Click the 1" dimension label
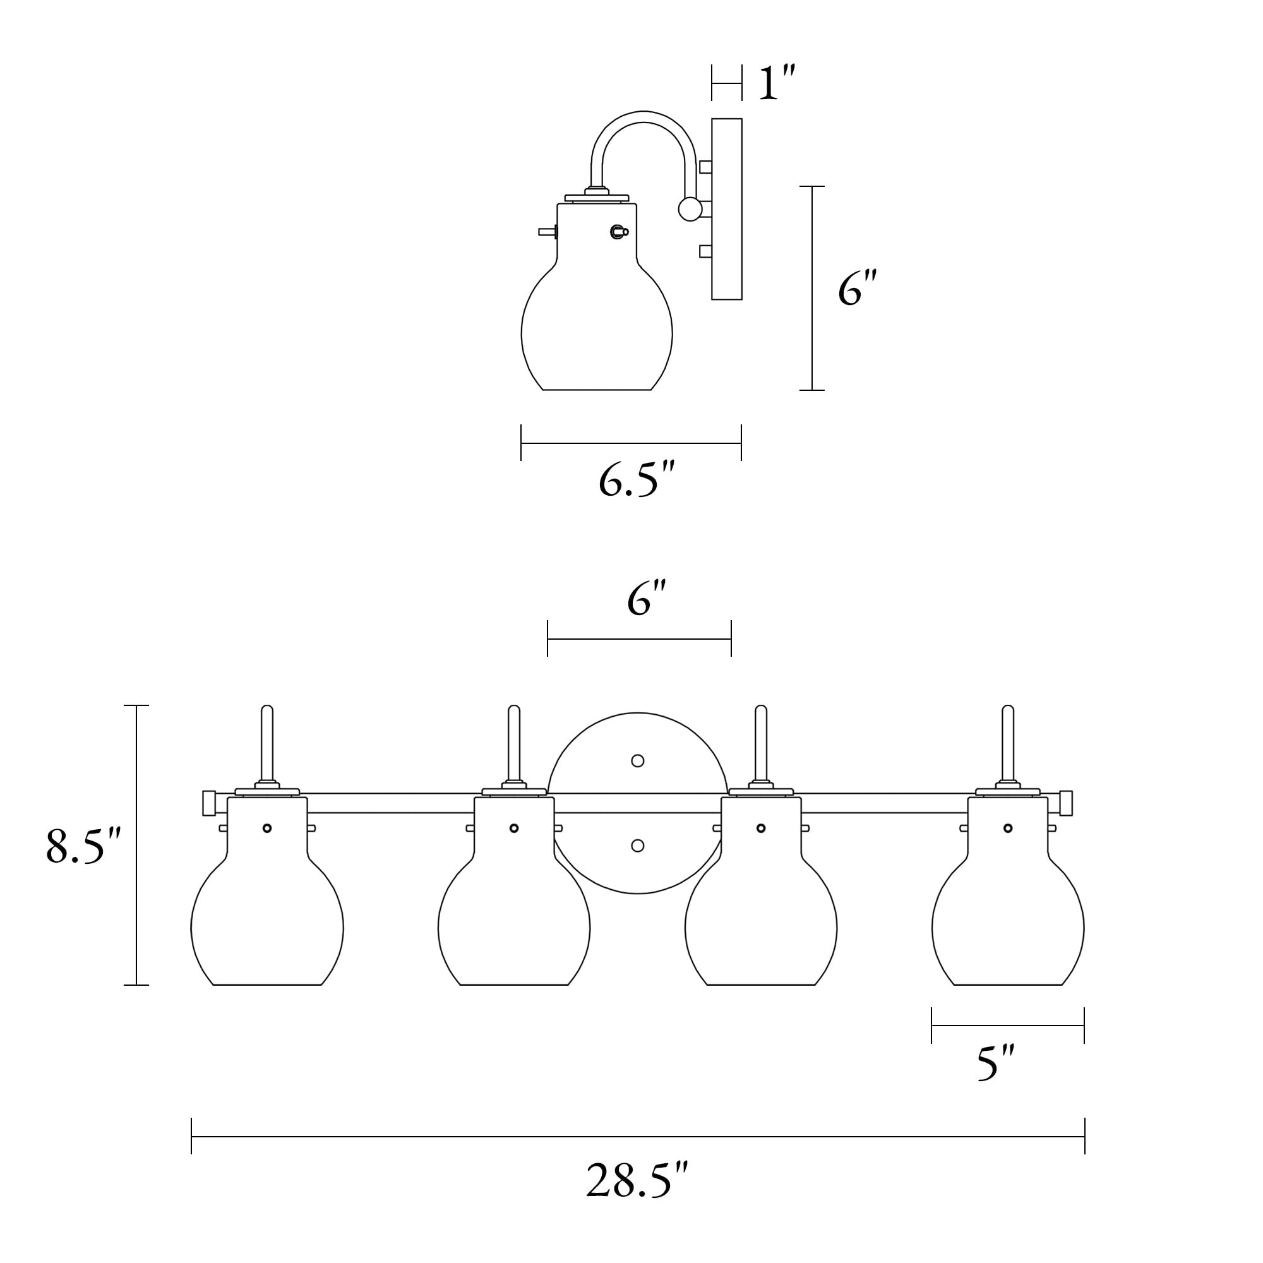click(776, 83)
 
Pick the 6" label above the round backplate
click(647, 599)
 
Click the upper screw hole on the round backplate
click(638, 760)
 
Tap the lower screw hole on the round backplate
click(638, 846)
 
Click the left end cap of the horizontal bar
click(209, 803)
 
